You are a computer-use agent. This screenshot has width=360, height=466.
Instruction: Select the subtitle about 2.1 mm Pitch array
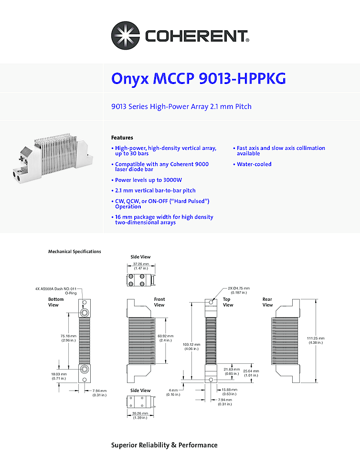click(x=181, y=106)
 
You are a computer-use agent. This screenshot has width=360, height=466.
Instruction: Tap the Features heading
click(x=122, y=138)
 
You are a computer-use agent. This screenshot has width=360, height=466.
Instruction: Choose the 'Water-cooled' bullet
click(x=254, y=164)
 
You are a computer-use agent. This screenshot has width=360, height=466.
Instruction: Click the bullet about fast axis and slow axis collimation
click(x=281, y=151)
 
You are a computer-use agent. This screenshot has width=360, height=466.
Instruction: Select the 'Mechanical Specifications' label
click(x=74, y=252)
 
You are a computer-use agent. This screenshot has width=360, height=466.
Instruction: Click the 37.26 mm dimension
click(x=141, y=265)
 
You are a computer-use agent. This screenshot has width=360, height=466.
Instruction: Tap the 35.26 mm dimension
click(x=140, y=415)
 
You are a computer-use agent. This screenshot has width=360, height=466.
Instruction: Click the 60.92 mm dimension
click(x=165, y=338)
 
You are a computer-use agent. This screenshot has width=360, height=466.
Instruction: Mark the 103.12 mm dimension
click(x=193, y=346)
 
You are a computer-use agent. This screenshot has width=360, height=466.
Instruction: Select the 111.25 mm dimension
click(x=316, y=340)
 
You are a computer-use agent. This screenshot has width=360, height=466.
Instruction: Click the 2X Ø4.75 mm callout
click(x=238, y=290)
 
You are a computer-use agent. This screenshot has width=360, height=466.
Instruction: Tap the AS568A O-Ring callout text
click(x=57, y=291)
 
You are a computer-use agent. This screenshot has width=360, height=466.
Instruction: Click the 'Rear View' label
click(x=267, y=302)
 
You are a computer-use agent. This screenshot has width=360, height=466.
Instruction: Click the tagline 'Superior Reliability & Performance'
click(x=164, y=445)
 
